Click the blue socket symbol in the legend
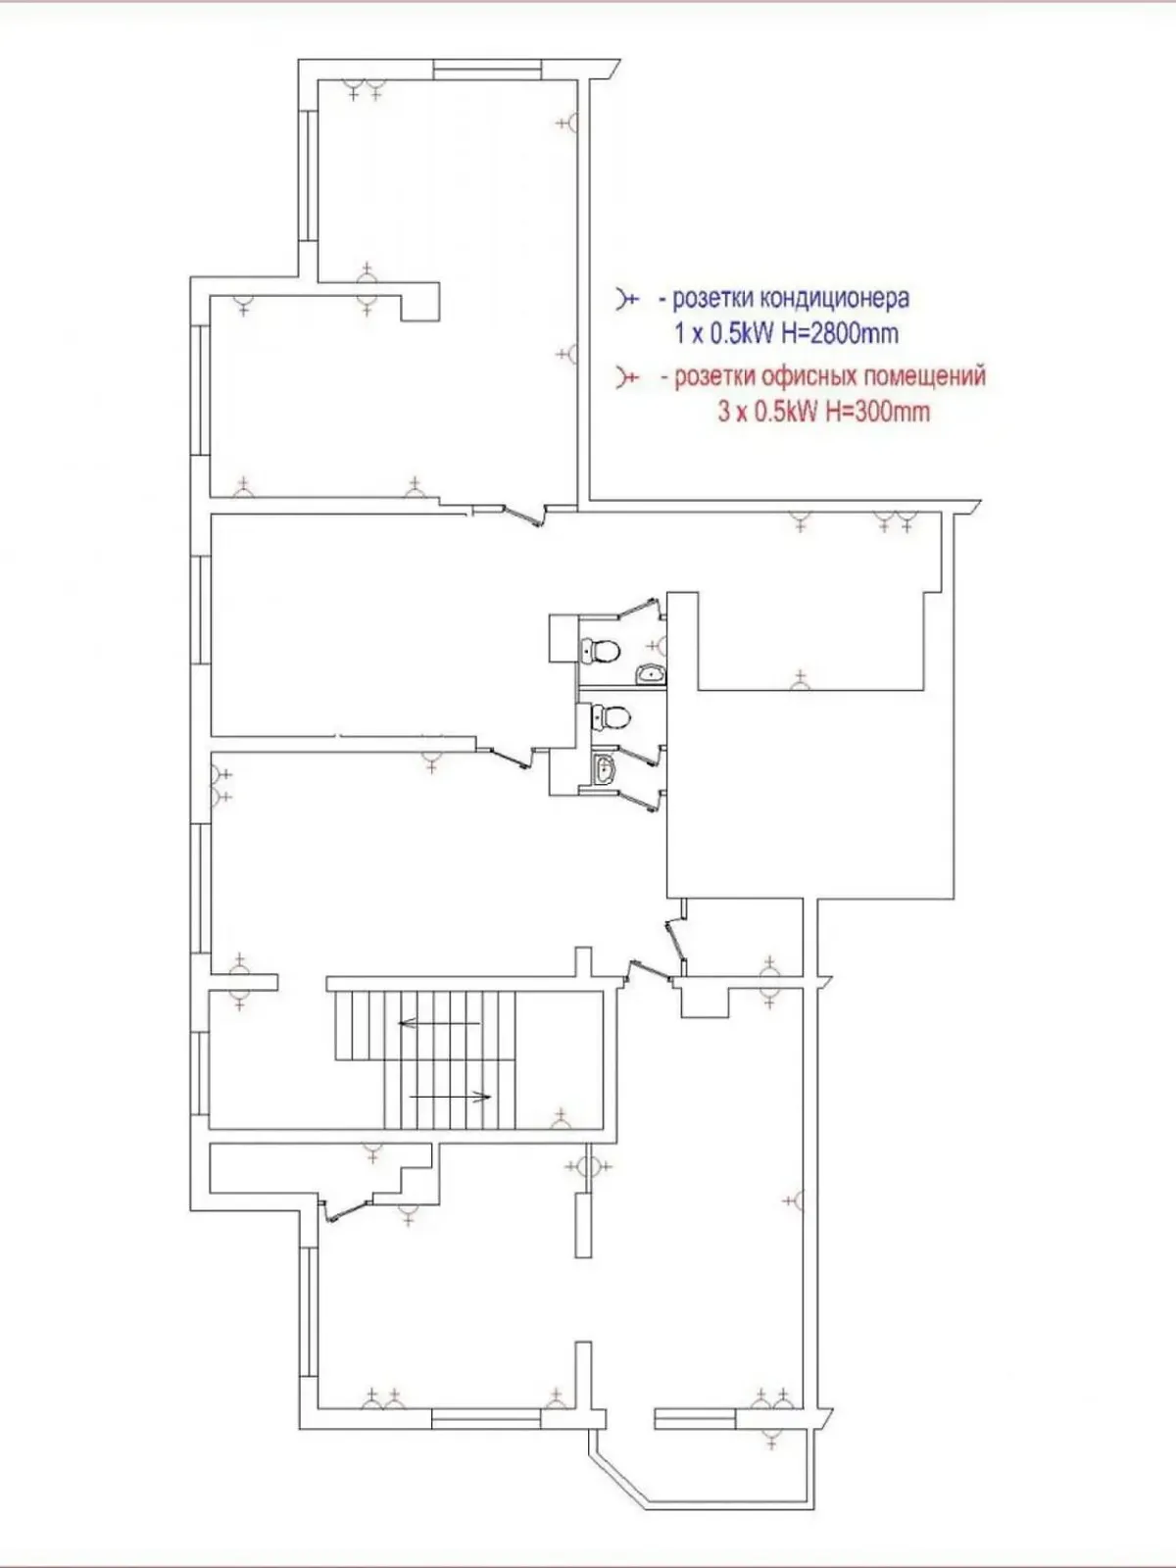pyautogui.click(x=626, y=298)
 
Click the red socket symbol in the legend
pyautogui.click(x=626, y=376)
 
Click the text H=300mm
pyautogui.click(x=878, y=411)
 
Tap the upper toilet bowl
pyautogui.click(x=601, y=650)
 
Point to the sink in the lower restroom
pyautogui.click(x=605, y=769)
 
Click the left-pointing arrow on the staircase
pyautogui.click(x=438, y=1023)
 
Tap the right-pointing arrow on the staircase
pyautogui.click(x=450, y=1096)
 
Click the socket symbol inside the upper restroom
pyautogui.click(x=659, y=645)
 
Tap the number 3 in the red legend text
pyautogui.click(x=723, y=412)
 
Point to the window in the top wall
pyautogui.click(x=487, y=70)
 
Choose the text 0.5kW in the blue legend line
pyautogui.click(x=741, y=333)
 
